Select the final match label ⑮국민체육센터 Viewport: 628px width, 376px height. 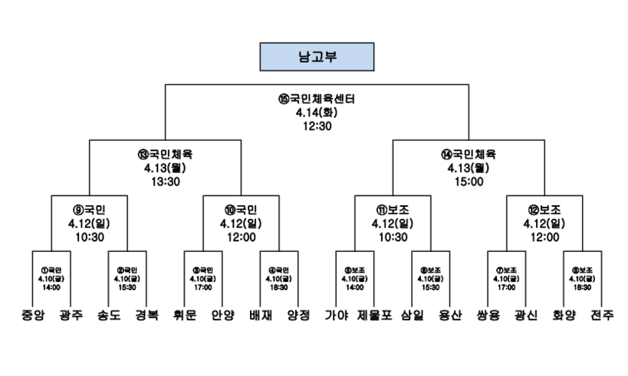317,100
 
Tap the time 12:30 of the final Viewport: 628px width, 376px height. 317,126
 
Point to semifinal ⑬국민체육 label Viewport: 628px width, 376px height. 165,153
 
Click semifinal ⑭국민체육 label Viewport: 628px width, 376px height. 469,153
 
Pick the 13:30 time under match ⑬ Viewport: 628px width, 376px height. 165,181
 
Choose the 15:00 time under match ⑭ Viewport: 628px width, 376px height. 469,181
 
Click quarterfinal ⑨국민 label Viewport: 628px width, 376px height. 89,208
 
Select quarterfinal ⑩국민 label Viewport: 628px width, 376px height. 241,208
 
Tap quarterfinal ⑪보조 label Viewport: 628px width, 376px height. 393,208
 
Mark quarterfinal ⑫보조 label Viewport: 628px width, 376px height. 544,208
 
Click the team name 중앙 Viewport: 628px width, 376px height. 32,315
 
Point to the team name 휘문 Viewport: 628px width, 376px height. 184,315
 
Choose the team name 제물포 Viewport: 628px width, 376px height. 373,315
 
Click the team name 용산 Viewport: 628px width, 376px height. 449,315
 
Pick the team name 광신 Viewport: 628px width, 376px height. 525,315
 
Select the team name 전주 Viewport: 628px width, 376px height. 601,315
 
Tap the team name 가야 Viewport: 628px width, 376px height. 336,315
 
